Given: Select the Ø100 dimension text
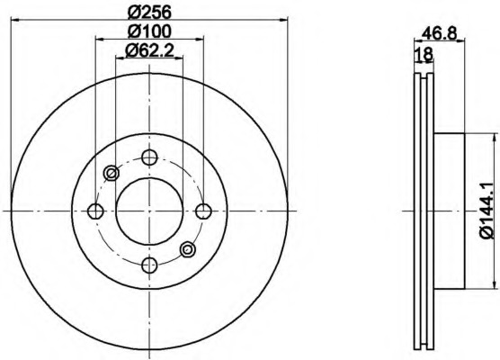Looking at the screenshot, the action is tap(149, 31).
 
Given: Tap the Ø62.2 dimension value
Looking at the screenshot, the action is tap(149, 50).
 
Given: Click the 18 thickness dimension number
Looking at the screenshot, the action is tap(424, 54).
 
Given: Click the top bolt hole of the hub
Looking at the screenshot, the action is tap(149, 157).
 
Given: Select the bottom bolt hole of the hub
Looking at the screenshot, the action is tap(149, 265).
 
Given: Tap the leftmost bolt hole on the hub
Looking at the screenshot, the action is tap(95, 211).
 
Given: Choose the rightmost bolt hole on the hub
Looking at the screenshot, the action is tap(203, 211).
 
